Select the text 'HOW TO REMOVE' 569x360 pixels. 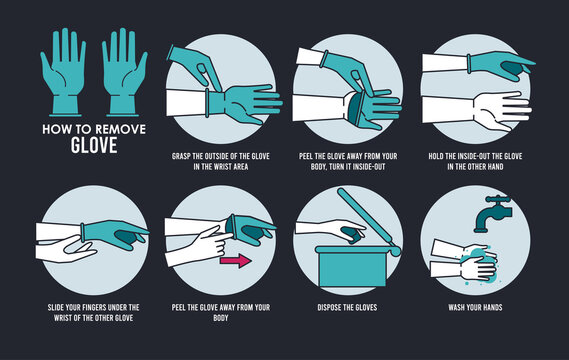[83, 127]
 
